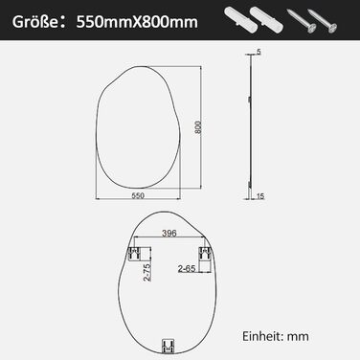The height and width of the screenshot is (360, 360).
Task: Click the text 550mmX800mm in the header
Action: pos(137,22)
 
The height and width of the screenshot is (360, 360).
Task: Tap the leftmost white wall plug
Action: pos(239,18)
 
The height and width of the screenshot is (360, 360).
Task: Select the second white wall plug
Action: pos(266,19)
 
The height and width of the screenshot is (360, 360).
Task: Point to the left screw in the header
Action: pos(302,21)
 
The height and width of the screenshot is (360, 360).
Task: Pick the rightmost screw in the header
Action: pos(323,21)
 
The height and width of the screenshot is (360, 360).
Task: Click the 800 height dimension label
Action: pos(198,127)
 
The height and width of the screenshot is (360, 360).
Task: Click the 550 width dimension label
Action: pos(138,195)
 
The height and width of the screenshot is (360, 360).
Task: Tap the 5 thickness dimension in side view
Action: pos(259,52)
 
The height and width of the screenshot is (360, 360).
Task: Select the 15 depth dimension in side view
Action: pos(260,196)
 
